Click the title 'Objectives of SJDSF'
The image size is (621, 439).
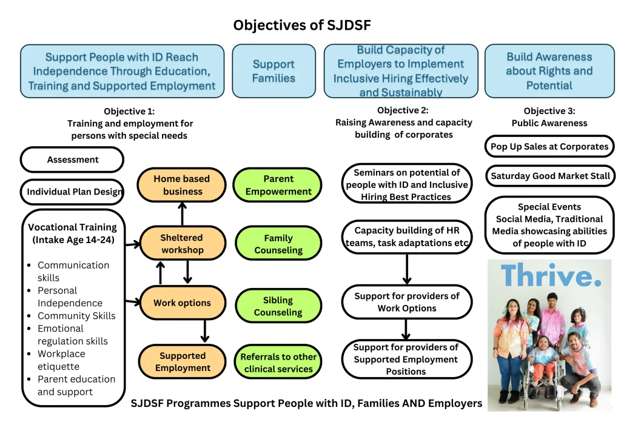(302, 25)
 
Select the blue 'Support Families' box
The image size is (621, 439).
(274, 71)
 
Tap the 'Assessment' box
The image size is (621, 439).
(72, 159)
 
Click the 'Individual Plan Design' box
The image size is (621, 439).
(72, 192)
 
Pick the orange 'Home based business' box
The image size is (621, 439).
(182, 185)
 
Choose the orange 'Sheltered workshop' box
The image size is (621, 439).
(182, 243)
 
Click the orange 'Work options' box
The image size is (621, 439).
(182, 303)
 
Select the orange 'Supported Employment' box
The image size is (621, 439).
(182, 361)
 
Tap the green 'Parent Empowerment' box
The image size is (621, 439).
(278, 185)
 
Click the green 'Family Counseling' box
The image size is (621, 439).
(278, 244)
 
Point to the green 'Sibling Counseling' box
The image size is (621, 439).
(278, 306)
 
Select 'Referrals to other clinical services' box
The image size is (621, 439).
(278, 363)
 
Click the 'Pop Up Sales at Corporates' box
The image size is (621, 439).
(549, 146)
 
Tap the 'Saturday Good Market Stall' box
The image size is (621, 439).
(549, 176)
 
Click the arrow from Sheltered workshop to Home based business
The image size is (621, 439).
(183, 213)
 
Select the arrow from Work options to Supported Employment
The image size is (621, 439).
(205, 331)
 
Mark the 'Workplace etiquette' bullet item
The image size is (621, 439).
(61, 360)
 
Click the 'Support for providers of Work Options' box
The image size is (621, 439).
(406, 302)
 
